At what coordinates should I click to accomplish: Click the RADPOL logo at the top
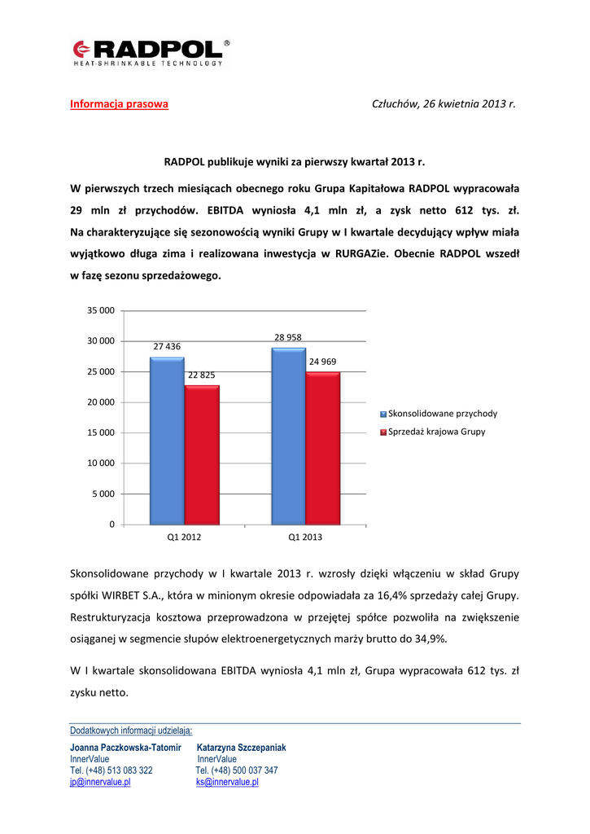[x=151, y=51]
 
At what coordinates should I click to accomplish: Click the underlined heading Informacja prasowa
[x=119, y=104]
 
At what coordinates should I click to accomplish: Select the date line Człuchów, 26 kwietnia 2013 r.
[x=444, y=104]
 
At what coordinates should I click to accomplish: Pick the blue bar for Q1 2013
[x=288, y=436]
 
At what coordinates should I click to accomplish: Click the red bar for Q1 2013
[x=323, y=447]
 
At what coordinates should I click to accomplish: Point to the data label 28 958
[x=288, y=336]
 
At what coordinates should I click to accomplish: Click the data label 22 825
[x=201, y=375]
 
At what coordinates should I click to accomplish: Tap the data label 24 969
[x=322, y=361]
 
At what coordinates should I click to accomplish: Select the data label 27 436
[x=167, y=346]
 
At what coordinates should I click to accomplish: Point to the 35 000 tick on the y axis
[x=101, y=310]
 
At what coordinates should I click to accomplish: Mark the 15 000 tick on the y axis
[x=101, y=432]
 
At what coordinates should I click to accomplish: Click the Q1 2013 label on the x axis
[x=305, y=538]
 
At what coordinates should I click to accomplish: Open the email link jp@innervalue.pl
[x=100, y=782]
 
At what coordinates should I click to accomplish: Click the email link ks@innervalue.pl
[x=227, y=782]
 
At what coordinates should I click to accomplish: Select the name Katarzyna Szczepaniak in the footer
[x=242, y=748]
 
